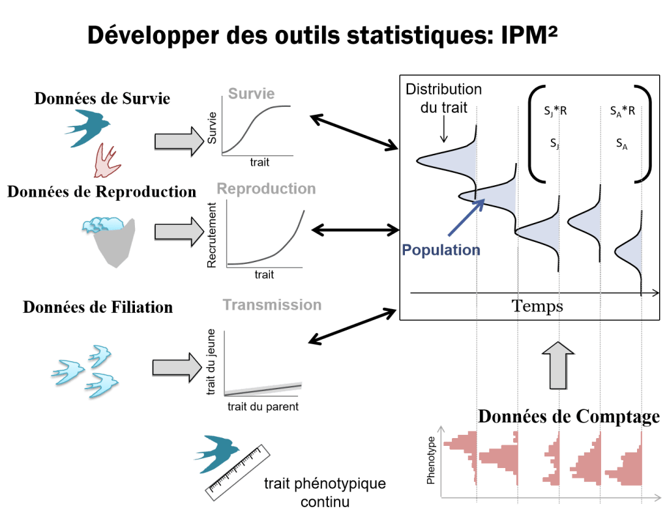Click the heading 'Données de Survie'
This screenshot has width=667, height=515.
click(x=102, y=98)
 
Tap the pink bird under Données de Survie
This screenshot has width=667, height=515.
click(x=106, y=161)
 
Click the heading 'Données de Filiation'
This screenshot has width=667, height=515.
click(x=98, y=306)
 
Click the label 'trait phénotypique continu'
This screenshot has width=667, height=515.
click(x=325, y=493)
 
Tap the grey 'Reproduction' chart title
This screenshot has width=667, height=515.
click(x=266, y=189)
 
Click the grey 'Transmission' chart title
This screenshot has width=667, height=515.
click(x=272, y=304)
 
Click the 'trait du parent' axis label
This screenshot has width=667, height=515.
click(x=263, y=407)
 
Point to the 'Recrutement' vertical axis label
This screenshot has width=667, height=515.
click(x=212, y=235)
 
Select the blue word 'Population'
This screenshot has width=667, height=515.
click(x=441, y=250)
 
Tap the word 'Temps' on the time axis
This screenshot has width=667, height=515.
click(x=537, y=305)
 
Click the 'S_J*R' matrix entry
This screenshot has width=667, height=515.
click(x=556, y=111)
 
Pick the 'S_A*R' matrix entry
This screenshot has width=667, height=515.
click(x=623, y=111)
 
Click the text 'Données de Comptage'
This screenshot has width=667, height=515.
click(x=569, y=417)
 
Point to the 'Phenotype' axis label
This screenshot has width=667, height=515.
click(x=430, y=460)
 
